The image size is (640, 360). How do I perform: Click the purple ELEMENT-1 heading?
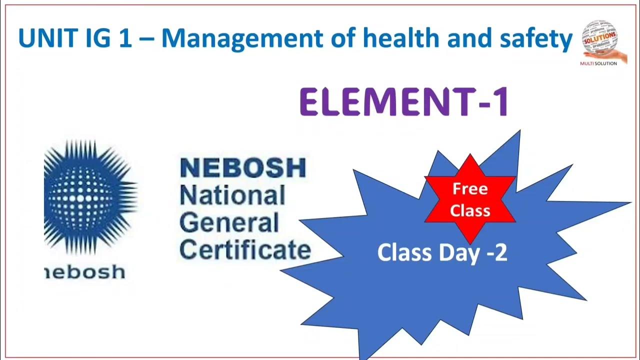[x=404, y=102]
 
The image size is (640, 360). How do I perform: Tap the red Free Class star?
[x=470, y=199]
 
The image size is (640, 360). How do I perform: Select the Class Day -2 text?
[x=442, y=252]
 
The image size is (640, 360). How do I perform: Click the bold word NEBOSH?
[x=242, y=168]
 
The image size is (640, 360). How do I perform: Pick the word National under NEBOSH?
[x=232, y=195]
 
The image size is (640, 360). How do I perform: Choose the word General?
[x=229, y=222]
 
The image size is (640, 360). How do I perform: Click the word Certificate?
[x=244, y=250]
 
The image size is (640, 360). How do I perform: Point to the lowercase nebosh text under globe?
[x=85, y=272]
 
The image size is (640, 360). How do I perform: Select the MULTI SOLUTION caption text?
[x=598, y=63]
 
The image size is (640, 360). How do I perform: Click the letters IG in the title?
[x=97, y=38]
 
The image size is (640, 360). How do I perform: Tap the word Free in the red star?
[x=470, y=189]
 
